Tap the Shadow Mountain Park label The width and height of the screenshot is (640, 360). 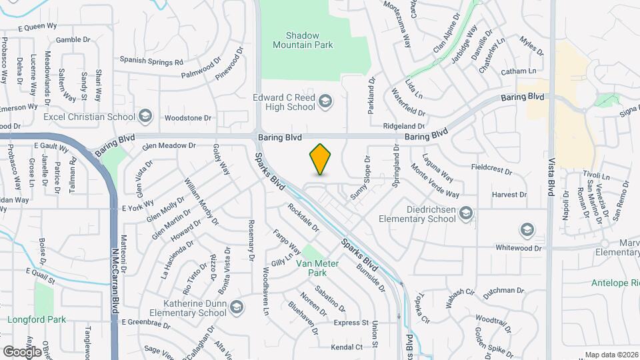click(x=302, y=40)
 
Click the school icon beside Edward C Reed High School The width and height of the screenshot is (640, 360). click(x=325, y=101)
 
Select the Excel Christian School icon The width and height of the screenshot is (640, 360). click(x=145, y=117)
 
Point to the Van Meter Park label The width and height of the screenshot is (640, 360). click(x=318, y=268)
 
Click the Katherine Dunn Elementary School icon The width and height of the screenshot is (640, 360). click(x=237, y=307)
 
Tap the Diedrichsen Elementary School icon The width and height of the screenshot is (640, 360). click(x=467, y=213)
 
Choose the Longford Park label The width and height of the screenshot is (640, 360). click(x=37, y=319)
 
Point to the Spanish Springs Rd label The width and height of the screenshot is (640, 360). click(x=151, y=62)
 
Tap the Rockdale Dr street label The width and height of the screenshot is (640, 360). click(x=304, y=217)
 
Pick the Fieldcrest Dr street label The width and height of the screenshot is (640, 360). click(x=491, y=170)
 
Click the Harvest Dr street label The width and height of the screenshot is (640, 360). click(x=509, y=195)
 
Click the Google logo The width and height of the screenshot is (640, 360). click(x=22, y=351)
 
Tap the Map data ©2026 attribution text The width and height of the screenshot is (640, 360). click(x=611, y=355)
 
